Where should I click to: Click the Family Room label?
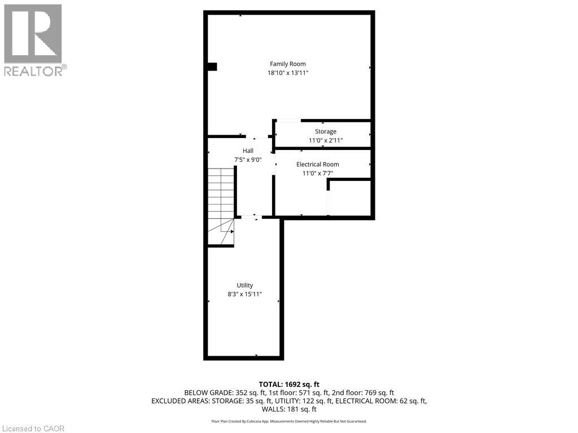288,64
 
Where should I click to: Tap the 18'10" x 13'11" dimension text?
288,73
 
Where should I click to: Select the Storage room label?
326,131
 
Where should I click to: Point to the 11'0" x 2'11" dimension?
326,140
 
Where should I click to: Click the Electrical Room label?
318,164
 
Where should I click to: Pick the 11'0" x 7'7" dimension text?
317,173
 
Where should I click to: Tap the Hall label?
248,151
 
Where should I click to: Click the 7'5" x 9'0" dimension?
248,160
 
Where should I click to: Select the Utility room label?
244,285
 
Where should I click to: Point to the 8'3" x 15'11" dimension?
244,294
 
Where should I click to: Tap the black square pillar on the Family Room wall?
212,67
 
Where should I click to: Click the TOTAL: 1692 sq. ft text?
289,384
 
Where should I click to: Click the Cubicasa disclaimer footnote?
289,421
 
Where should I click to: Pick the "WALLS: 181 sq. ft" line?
289,409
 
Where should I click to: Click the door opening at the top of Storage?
288,120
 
